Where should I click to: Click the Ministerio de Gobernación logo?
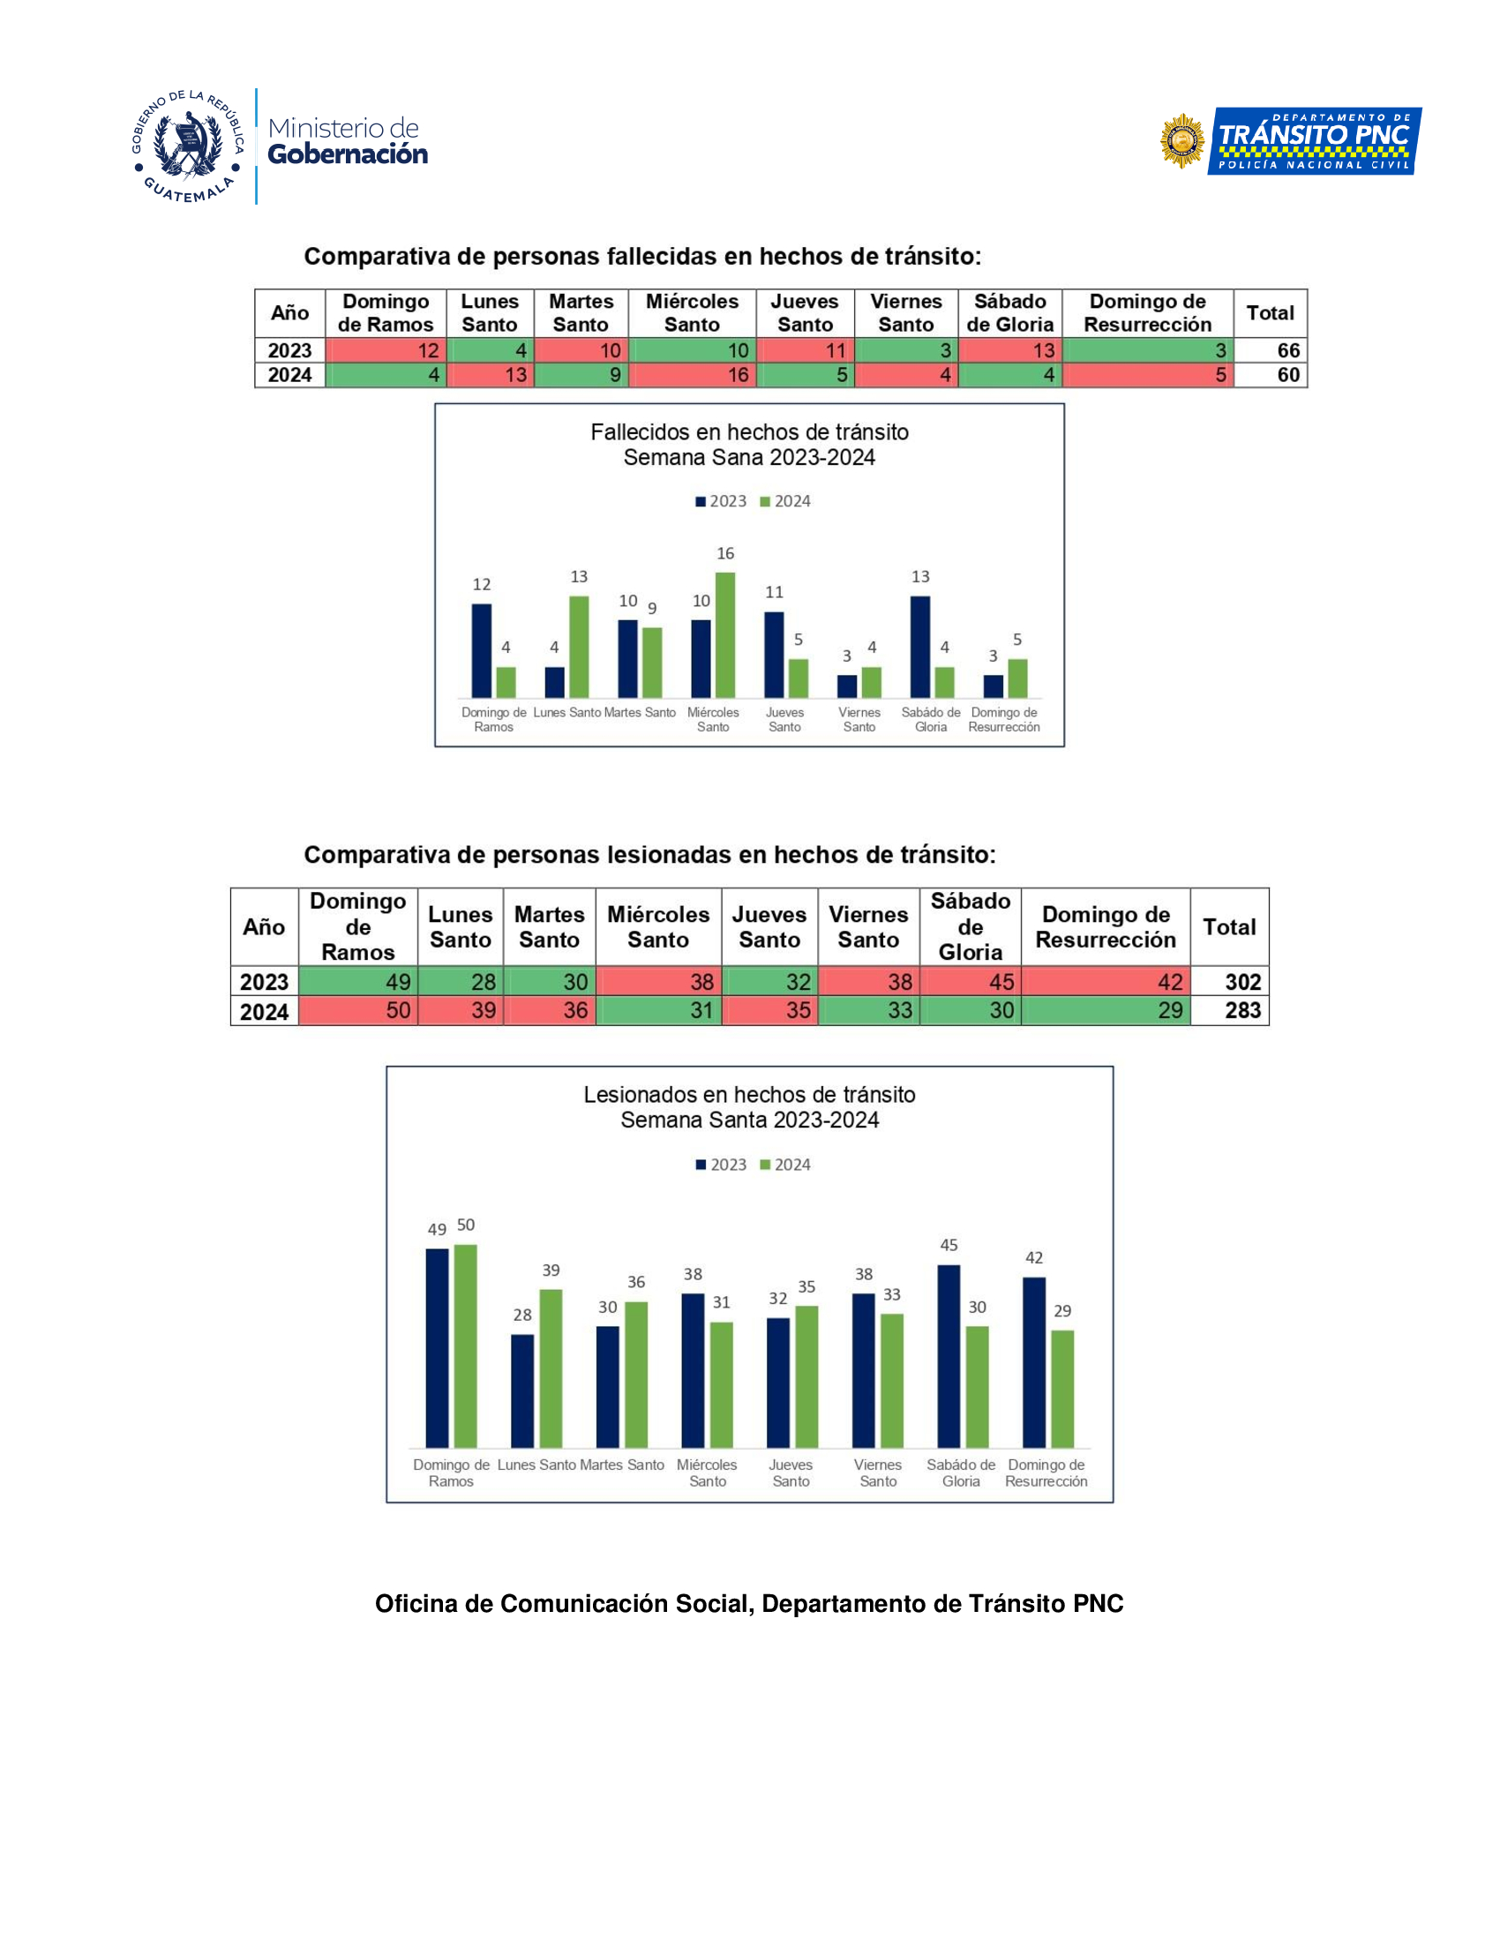280,146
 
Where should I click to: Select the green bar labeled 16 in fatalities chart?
725,634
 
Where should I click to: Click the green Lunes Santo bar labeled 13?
579,646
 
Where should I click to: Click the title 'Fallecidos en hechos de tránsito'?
749,433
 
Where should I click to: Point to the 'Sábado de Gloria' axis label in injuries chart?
961,1473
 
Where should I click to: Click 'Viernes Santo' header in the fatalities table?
905,313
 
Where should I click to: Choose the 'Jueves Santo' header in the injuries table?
769,926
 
